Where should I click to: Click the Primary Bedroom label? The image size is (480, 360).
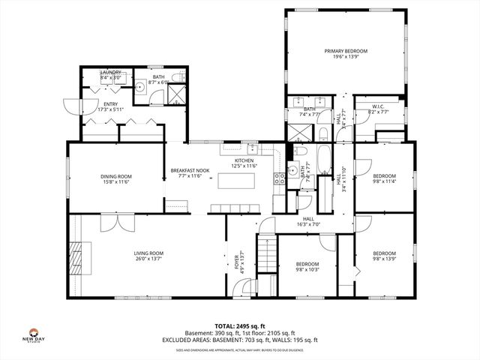(x=344, y=52)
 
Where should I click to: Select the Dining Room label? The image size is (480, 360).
(x=116, y=176)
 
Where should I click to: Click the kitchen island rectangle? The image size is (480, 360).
(x=237, y=181)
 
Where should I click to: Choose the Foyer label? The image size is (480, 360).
(x=237, y=262)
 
